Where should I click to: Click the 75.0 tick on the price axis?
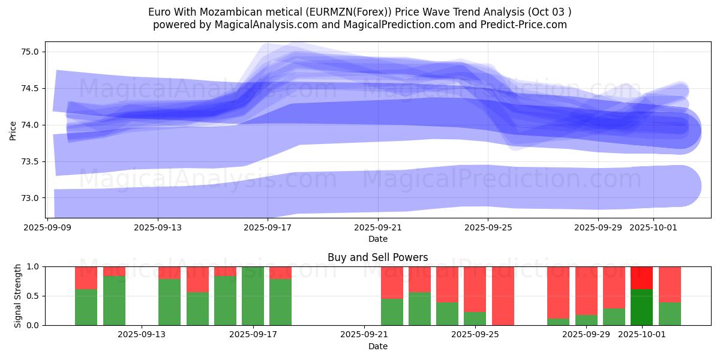click(x=31, y=52)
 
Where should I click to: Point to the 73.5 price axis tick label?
click(x=31, y=161)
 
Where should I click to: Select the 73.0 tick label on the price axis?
click(x=31, y=198)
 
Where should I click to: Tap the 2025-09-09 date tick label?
click(x=47, y=227)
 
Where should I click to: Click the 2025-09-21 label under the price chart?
click(x=377, y=227)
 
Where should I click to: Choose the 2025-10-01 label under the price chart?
click(x=653, y=227)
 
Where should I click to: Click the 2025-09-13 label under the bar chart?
click(x=142, y=335)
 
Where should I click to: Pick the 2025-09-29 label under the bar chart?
click(x=586, y=335)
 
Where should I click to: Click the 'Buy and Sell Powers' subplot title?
click(x=377, y=257)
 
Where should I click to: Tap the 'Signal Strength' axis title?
click(x=18, y=296)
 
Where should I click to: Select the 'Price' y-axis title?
click(x=13, y=130)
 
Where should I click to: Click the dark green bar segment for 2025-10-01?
click(x=641, y=307)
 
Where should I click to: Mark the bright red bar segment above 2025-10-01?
click(x=641, y=278)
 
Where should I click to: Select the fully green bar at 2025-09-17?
click(x=253, y=296)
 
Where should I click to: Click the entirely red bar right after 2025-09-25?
click(x=503, y=296)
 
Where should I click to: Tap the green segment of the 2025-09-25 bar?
click(x=475, y=319)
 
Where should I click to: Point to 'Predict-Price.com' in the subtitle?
click(x=524, y=25)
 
